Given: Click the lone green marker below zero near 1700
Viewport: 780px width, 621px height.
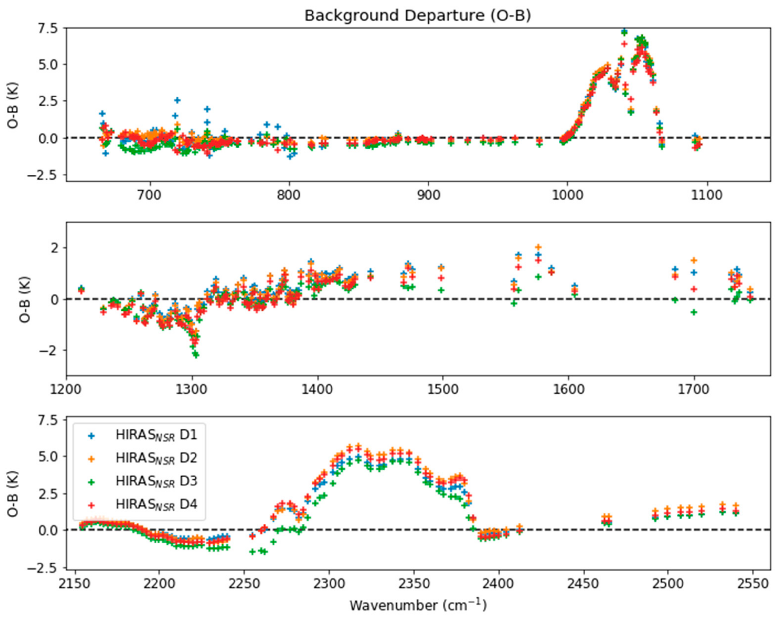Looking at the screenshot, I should (694, 312).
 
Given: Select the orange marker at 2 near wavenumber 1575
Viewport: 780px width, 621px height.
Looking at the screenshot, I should (538, 247).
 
